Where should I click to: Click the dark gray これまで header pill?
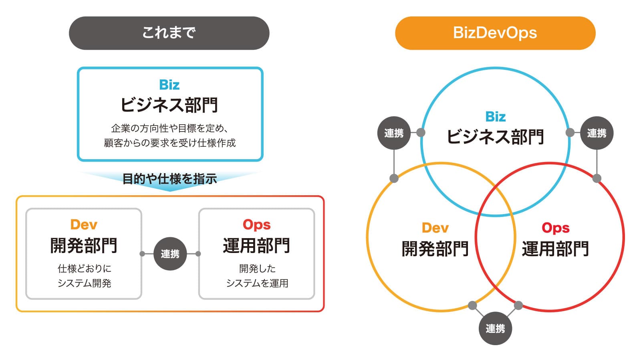coord(169,33)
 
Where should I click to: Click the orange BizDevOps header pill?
coord(495,33)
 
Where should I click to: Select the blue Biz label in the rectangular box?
coord(169,85)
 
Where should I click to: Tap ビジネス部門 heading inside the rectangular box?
coord(169,105)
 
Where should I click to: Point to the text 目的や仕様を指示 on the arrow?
coord(169,178)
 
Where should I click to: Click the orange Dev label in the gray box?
coord(84,224)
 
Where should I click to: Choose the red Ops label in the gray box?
coord(256,224)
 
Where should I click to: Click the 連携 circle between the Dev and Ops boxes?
coord(170,254)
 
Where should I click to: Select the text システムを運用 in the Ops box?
coord(257,283)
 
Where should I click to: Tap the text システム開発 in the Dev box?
coord(84,283)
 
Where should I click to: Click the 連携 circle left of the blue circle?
coord(394,133)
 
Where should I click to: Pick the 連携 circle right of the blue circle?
coord(597,133)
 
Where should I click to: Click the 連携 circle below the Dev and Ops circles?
coord(495,328)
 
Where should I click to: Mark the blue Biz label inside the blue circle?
coord(495,117)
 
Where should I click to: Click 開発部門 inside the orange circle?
coord(435,249)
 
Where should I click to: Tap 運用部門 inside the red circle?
coord(555,249)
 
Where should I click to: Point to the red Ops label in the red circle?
coord(555,228)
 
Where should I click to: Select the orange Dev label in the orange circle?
coord(435,228)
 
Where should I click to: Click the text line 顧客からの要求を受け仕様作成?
coord(170,143)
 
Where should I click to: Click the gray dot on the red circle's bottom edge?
coord(518,305)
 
